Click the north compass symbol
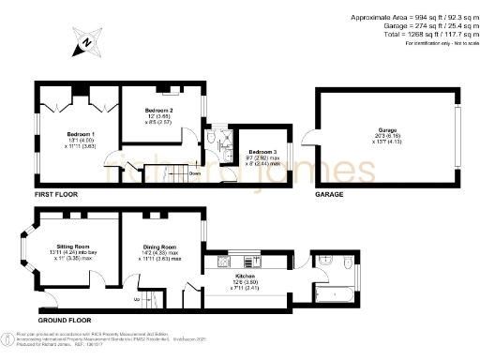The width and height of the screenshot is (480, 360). coord(86,42)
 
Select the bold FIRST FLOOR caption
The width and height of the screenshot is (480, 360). coord(54,195)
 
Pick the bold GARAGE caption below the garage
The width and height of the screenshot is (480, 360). coord(329,195)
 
